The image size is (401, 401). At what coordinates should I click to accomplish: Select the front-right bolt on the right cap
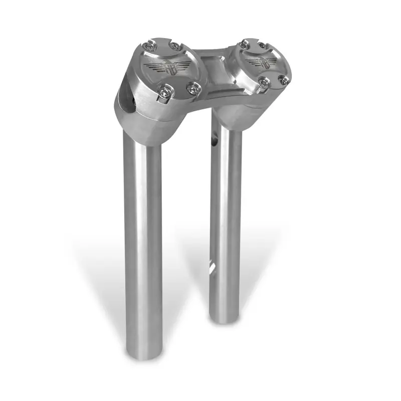pos(284,80)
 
